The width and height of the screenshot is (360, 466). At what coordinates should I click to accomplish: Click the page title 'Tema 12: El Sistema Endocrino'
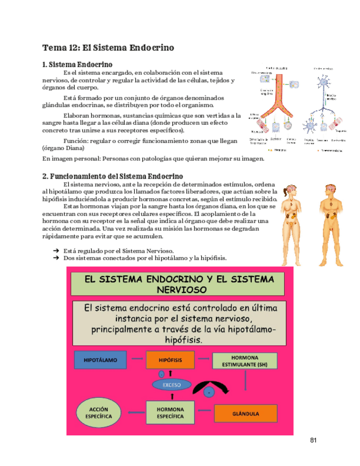coord(108,48)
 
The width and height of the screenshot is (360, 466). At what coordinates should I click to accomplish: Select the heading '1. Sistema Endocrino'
coord(77,64)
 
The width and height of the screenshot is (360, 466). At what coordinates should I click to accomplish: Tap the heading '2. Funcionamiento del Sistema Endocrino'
coord(113,176)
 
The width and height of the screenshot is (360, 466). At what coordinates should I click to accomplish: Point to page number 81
coord(314,440)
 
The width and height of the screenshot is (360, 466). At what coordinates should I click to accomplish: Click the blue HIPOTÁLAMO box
coord(100,360)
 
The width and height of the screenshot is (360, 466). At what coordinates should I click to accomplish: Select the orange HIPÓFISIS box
coord(170,360)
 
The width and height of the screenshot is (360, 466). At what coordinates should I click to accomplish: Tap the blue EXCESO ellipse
coord(171,385)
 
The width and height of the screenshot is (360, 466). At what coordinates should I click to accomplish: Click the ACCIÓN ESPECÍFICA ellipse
coord(98,413)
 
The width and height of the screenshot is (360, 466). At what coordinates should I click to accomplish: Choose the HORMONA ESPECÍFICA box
coord(170,413)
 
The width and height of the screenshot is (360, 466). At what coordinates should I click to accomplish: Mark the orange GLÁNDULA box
coord(245,413)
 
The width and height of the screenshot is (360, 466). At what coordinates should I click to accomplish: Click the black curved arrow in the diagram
coord(208,385)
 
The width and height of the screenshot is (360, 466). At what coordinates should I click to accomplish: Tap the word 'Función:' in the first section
coord(76,141)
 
